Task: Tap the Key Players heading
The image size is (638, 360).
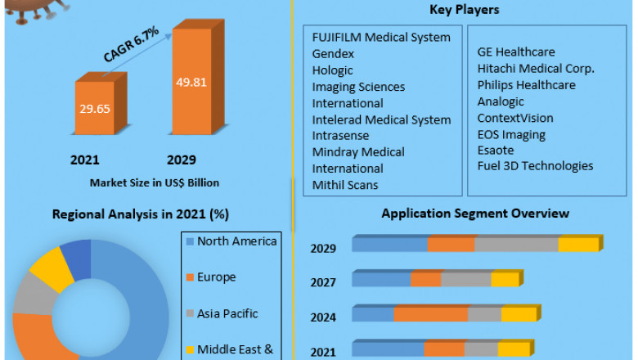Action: (465, 10)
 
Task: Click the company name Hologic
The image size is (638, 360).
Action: (333, 70)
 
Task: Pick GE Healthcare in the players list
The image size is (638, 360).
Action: (516, 52)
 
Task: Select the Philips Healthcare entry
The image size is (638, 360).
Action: (527, 85)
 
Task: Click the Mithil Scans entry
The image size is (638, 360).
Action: (345, 185)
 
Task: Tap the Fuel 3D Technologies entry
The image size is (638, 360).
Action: (536, 166)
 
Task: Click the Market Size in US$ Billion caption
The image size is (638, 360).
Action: (155, 182)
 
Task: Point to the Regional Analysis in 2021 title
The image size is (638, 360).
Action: (141, 214)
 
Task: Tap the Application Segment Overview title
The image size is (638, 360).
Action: (475, 214)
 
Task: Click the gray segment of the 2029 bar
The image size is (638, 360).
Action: (516, 245)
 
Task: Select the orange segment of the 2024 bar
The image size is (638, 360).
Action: (430, 315)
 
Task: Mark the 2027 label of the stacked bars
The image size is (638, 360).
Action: (323, 282)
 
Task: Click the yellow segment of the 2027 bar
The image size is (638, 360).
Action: (505, 280)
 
